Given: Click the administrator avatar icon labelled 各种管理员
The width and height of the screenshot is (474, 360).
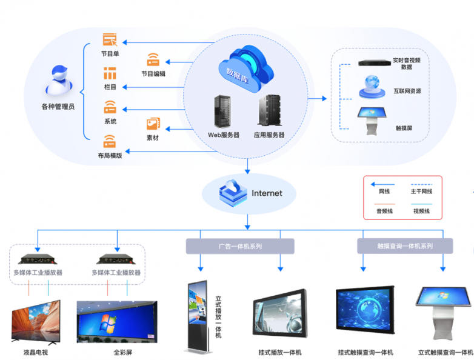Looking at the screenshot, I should (58, 81).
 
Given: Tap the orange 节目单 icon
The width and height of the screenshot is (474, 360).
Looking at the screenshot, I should (110, 40).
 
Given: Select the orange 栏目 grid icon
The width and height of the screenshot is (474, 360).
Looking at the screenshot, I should (110, 74).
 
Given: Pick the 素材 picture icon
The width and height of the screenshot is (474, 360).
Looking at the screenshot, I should (153, 124).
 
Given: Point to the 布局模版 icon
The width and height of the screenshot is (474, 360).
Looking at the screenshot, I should (110, 142).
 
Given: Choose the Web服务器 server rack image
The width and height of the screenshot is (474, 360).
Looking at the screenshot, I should (222, 112).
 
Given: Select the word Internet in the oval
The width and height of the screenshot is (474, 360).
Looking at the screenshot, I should (267, 193).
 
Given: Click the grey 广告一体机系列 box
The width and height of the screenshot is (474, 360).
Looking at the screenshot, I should (240, 246).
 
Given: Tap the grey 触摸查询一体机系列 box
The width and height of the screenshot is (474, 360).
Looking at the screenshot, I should (405, 246).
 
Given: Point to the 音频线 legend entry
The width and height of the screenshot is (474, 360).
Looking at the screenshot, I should (384, 211).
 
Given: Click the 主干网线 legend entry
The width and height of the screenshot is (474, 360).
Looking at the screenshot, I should (421, 192).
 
